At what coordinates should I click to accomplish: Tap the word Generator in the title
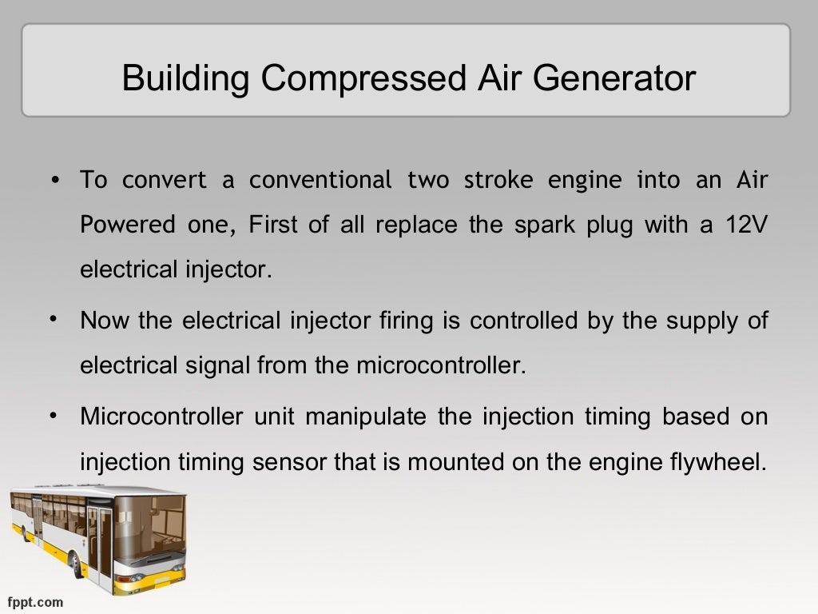point(612,79)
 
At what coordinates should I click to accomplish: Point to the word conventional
point(320,180)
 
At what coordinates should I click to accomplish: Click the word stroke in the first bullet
point(491,180)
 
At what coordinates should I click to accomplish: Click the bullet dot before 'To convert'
point(54,181)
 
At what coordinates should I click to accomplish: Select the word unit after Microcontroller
point(276,417)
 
